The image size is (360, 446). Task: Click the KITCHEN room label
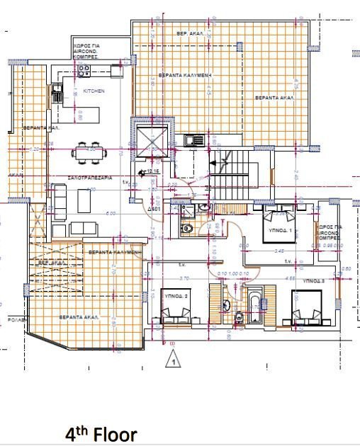tap(94, 91)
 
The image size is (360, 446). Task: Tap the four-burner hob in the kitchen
tap(84, 69)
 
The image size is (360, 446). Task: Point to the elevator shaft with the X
tap(150, 137)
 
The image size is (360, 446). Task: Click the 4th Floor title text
tap(101, 433)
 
